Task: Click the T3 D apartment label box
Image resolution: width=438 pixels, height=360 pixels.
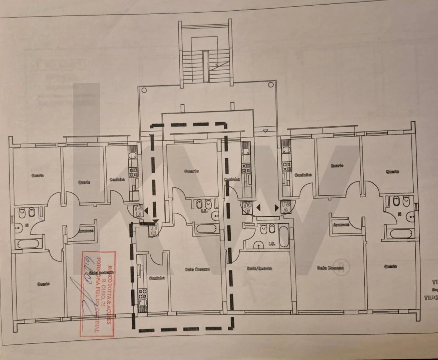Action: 138,211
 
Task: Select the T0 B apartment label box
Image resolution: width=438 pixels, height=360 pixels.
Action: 247,207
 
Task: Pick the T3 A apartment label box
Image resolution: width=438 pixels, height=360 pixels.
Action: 286,206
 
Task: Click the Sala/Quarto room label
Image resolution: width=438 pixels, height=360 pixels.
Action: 259,268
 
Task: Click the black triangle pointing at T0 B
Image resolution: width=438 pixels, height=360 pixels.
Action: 258,207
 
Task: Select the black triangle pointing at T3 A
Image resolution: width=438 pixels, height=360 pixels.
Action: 276,207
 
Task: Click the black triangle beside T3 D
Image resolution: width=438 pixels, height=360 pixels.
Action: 145,212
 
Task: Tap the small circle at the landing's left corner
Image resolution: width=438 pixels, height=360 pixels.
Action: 144,90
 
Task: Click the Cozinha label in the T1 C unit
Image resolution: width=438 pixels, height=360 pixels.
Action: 157,278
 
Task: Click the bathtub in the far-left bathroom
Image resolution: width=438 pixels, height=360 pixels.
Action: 27,244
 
